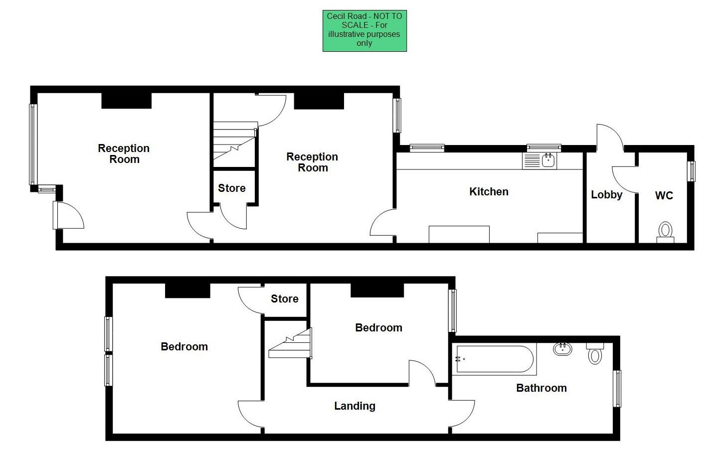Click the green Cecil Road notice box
click(364, 31)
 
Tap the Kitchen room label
click(489, 192)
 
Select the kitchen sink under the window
click(539, 160)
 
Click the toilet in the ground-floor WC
click(665, 232)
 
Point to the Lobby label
click(606, 195)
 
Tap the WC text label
click(664, 195)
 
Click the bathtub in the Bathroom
click(494, 359)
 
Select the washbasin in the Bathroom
click(562, 348)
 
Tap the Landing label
click(355, 406)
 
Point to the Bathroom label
click(541, 388)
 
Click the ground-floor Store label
click(232, 188)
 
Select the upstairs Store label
click(285, 299)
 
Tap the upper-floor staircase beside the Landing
click(291, 344)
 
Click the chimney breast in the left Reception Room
click(126, 100)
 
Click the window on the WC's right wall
click(691, 171)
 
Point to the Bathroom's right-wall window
click(617, 389)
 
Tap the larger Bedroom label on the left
click(184, 347)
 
